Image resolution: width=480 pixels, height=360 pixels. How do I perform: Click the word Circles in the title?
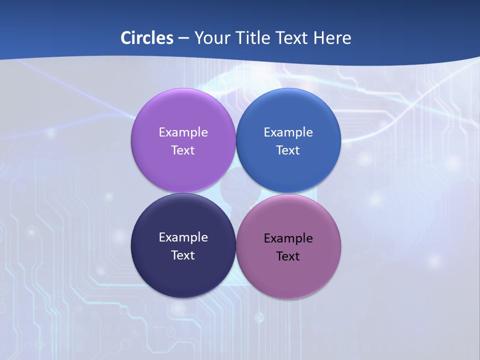pos(147,38)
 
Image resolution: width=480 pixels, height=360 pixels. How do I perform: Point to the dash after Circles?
pos(183,38)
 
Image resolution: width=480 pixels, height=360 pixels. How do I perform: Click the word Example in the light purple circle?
pos(183,132)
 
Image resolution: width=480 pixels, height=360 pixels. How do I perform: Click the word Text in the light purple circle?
pos(183,150)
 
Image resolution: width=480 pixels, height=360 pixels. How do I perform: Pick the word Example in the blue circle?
pos(288,132)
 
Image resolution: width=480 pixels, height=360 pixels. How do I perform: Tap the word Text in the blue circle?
pos(288,150)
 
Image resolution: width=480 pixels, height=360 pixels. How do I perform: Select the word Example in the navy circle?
pos(183,237)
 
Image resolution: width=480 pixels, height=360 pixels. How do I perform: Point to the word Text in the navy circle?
pos(183,255)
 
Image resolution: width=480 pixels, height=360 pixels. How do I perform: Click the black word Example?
pos(288,238)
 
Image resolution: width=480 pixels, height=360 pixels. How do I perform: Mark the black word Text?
pos(288,256)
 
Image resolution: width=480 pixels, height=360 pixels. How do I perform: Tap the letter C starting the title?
pos(126,38)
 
